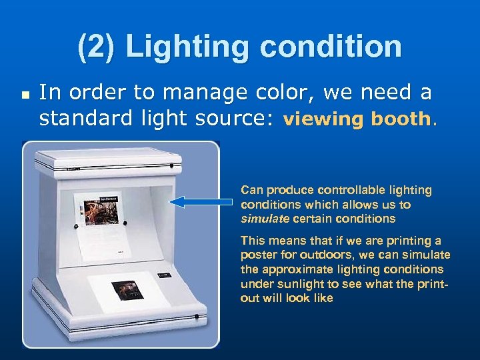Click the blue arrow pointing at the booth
(200, 201)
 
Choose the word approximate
(293, 269)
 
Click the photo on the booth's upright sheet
(99, 211)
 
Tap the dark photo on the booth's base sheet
(127, 290)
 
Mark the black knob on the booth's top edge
(171, 166)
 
